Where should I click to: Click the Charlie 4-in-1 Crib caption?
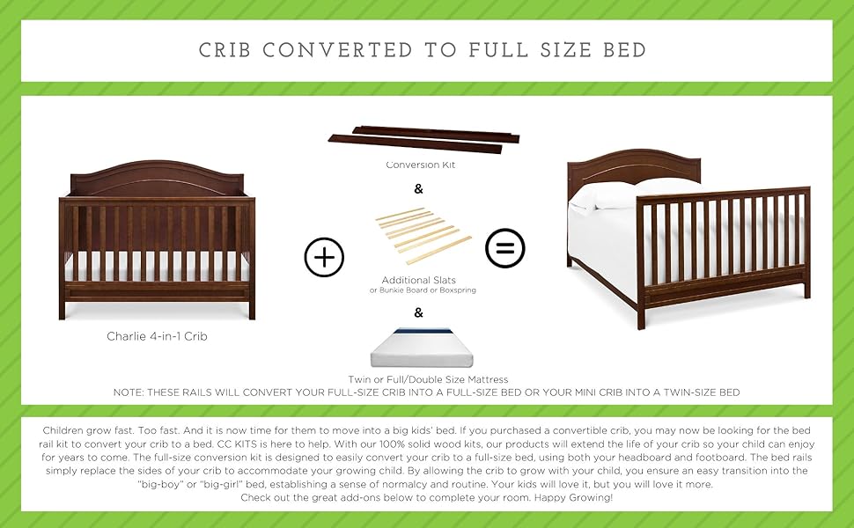(157, 336)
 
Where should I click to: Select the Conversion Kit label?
(421, 165)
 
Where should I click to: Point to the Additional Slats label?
(418, 280)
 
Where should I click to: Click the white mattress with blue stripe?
(422, 348)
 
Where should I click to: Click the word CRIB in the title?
(225, 50)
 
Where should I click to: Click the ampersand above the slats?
(418, 189)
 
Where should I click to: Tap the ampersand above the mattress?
(418, 312)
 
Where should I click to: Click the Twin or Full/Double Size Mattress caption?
(428, 379)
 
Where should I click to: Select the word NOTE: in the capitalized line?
(129, 392)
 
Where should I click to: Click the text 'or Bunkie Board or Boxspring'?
(423, 290)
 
